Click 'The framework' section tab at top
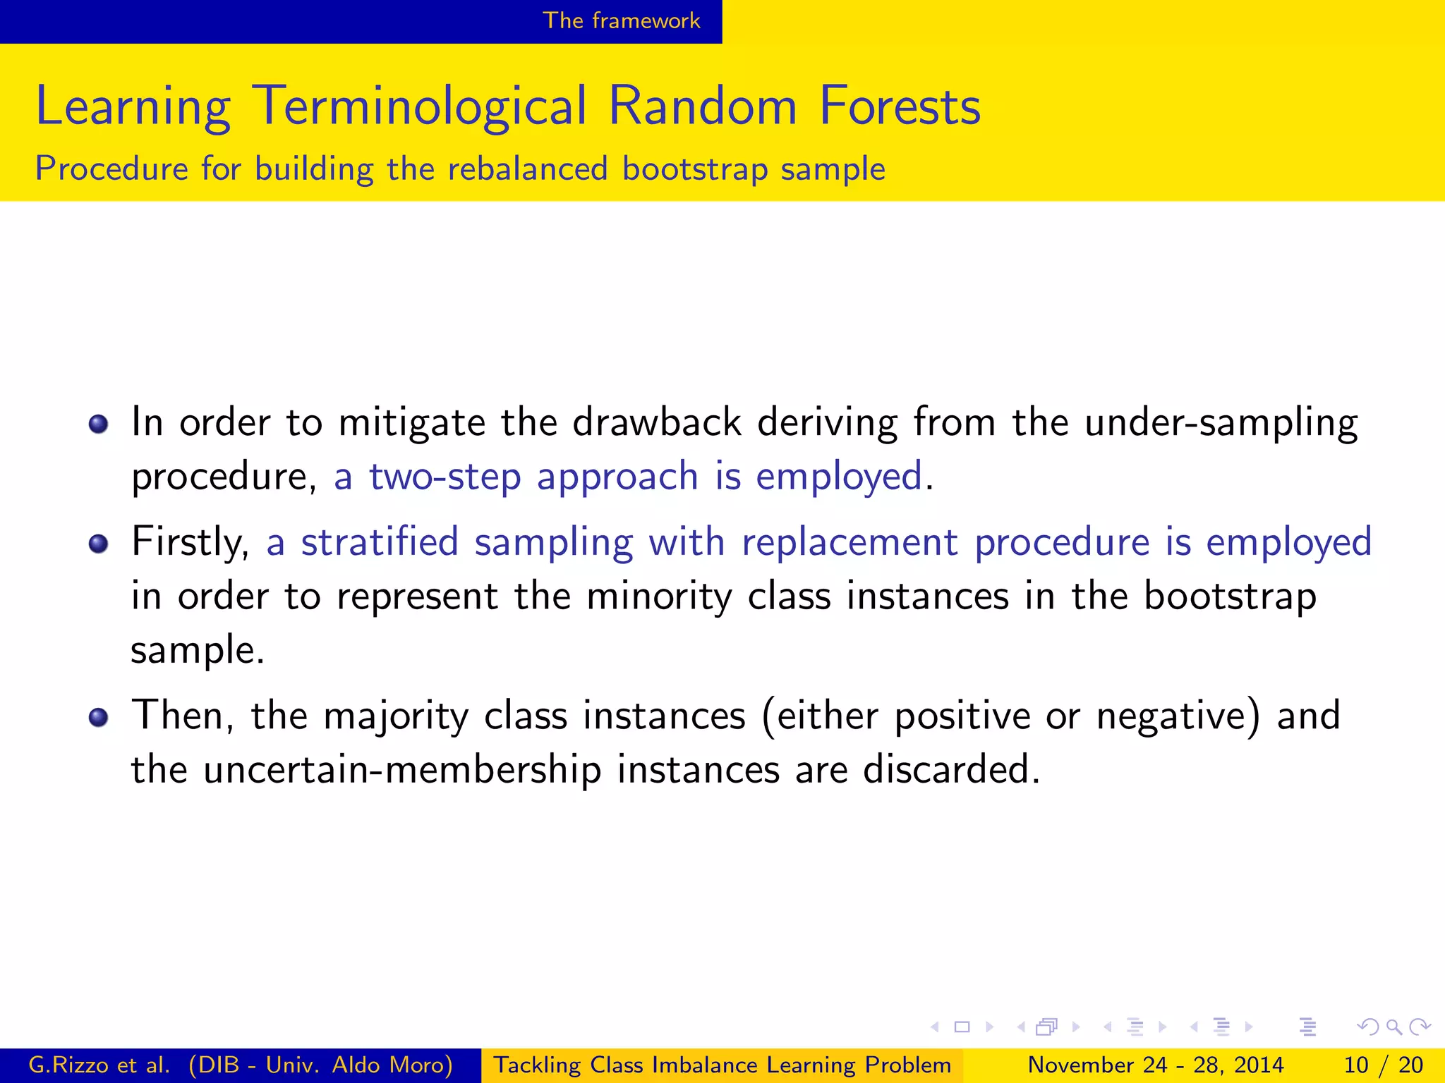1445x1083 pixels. [621, 20]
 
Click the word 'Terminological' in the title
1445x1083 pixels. [419, 106]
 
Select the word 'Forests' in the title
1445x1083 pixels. [900, 106]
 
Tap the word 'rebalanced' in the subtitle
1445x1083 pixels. [527, 169]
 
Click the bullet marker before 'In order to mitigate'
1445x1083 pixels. [99, 424]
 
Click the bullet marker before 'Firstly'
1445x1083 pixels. [99, 544]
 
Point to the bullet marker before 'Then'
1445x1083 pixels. [99, 717]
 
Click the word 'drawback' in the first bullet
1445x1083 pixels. [656, 423]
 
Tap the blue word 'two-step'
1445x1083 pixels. [445, 477]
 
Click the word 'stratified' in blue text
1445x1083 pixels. [380, 542]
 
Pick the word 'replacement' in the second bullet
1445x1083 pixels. [850, 544]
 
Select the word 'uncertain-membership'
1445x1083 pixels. [402, 769]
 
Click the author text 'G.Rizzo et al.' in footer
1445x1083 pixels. [99, 1065]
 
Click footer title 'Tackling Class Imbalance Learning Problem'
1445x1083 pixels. [722, 1065]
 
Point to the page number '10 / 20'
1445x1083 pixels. [1383, 1065]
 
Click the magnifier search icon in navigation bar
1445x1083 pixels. [1393, 1027]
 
